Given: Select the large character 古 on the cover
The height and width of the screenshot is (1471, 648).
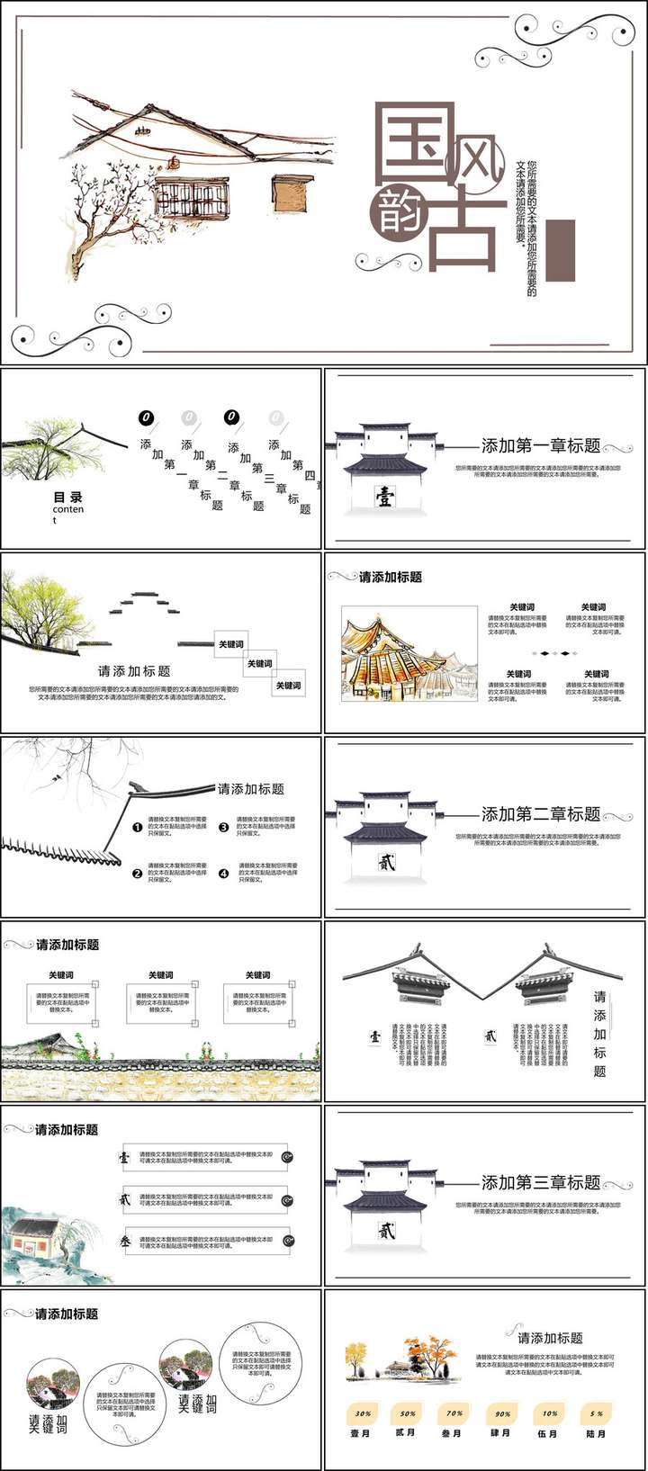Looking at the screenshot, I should (463, 232).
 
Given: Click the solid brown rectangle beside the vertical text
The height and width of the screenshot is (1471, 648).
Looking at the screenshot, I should (560, 250).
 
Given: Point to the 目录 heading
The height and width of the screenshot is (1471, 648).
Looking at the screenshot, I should (67, 497).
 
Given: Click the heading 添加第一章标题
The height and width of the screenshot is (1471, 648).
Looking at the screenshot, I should (540, 445).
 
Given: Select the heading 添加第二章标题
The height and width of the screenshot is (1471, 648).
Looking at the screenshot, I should (540, 814).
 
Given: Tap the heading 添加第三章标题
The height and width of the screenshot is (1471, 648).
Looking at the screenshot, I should (540, 1182).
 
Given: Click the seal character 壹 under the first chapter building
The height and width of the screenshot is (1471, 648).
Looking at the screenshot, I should (384, 497).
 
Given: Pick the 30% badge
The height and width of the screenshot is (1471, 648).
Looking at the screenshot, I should (363, 1413).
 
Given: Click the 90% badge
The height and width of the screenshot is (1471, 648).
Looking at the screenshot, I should (502, 1413).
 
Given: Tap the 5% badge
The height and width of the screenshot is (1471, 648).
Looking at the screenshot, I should (597, 1413).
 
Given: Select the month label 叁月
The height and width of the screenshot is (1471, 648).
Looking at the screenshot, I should (452, 1433).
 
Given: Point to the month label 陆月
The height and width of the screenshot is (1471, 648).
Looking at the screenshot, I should (596, 1433).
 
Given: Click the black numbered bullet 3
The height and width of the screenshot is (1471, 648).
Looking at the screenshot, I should (224, 827).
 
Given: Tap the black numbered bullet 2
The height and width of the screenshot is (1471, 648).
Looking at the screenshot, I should (138, 873).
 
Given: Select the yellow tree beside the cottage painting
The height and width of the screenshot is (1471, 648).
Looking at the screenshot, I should (357, 1354).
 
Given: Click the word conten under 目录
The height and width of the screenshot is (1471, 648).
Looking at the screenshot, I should (67, 510).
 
